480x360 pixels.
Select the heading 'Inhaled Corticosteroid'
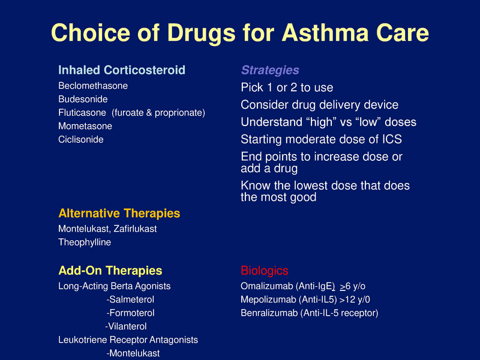(122, 70)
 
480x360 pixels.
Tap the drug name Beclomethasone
(93, 86)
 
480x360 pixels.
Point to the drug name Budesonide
(83, 99)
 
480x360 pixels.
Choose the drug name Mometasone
(85, 126)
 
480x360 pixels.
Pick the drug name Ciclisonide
(81, 139)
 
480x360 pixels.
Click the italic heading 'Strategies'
(270, 70)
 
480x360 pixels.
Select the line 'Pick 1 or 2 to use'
(287, 88)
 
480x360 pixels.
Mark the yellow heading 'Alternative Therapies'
(119, 214)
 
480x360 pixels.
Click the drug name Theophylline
(85, 242)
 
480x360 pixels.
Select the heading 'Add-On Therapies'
(110, 271)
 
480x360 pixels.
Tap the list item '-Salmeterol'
(130, 299)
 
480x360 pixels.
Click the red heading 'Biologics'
(264, 271)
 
